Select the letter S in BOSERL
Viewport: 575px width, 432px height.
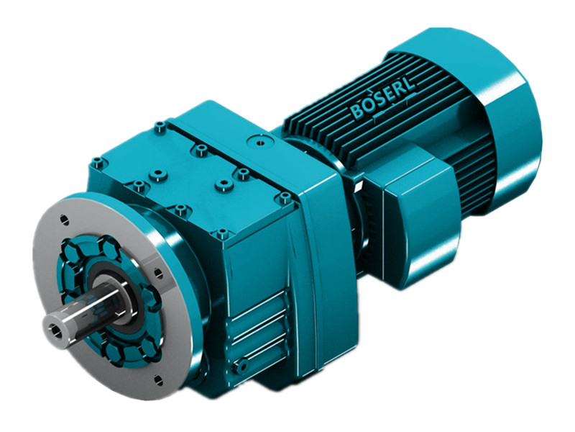coord(376,104)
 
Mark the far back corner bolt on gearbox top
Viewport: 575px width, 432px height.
coord(159,128)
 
